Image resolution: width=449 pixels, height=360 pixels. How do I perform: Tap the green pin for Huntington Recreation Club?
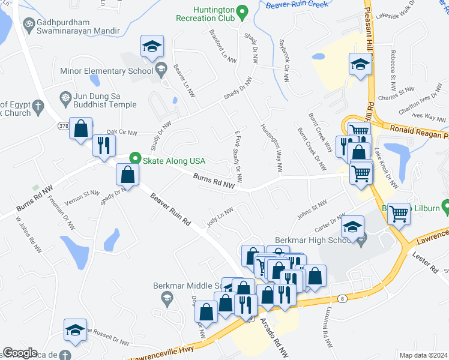pyautogui.click(x=242, y=11)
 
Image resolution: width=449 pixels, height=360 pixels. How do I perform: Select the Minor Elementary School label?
pyautogui.click(x=107, y=71)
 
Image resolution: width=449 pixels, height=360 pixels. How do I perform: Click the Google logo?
pyautogui.click(x=19, y=353)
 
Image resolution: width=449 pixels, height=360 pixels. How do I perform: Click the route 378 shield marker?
pyautogui.click(x=63, y=125)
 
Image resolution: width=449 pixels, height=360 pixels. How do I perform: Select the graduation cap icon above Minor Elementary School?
pyautogui.click(x=152, y=47)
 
